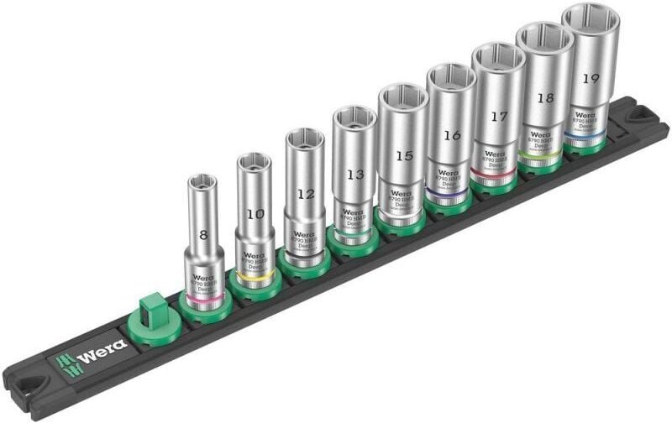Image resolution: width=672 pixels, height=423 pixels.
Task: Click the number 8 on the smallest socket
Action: [x=204, y=238]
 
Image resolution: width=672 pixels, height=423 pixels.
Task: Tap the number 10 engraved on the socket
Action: [x=256, y=214]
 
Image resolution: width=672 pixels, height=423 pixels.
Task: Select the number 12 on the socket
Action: [x=306, y=194]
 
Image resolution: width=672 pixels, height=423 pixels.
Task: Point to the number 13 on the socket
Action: [x=354, y=175]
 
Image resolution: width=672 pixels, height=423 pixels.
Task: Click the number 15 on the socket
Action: [x=404, y=155]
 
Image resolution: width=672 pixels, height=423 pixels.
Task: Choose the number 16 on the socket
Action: [x=452, y=135]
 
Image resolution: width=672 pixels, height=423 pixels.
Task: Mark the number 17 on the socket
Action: [x=499, y=117]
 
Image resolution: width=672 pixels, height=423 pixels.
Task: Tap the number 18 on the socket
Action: [x=545, y=97]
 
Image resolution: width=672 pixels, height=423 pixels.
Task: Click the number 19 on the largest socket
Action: [x=591, y=77]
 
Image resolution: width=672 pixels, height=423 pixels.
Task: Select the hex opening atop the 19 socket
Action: [x=591, y=18]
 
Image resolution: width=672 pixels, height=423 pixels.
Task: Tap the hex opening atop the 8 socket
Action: [x=202, y=180]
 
